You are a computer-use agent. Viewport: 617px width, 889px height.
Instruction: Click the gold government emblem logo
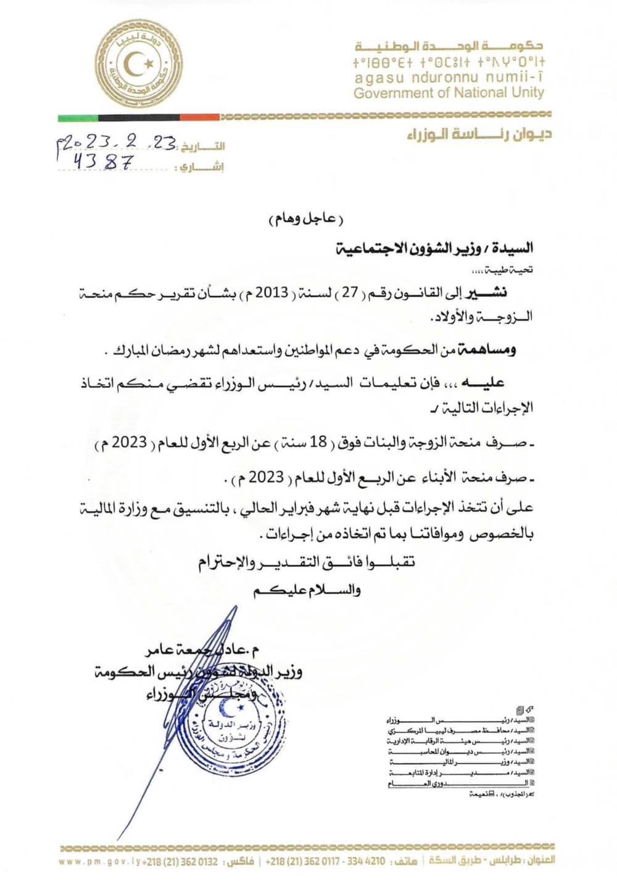138,64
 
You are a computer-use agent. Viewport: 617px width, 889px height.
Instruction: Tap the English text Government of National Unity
449,93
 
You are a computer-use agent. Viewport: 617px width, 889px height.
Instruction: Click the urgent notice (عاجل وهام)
306,219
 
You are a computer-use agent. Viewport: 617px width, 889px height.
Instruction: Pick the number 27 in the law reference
350,293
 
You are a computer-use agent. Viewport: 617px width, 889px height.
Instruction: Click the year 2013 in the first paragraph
272,293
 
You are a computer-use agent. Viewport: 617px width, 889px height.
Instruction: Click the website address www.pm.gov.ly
99,861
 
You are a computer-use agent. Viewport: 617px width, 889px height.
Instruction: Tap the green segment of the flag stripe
78,117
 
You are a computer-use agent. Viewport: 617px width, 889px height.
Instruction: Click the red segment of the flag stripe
199,117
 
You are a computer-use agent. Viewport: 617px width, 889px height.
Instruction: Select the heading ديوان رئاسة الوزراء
479,135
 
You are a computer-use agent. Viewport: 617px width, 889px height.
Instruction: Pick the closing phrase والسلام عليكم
307,590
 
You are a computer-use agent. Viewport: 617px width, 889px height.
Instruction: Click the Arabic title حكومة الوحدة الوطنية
449,46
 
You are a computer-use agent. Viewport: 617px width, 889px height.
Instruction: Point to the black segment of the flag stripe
139,117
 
